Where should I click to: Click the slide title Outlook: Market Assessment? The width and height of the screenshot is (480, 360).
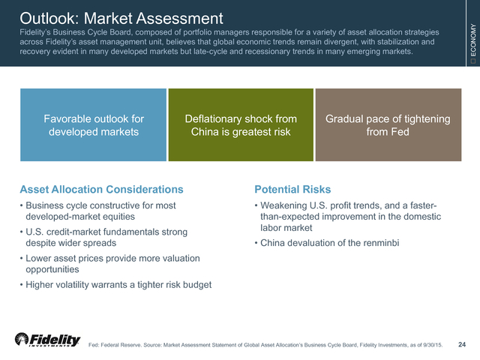click(x=121, y=18)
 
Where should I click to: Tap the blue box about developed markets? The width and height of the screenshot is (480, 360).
click(x=93, y=125)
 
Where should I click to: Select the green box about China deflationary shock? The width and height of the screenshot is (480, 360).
click(x=241, y=125)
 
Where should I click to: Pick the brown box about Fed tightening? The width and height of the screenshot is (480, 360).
click(x=388, y=125)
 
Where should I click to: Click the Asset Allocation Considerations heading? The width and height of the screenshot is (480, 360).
click(x=102, y=190)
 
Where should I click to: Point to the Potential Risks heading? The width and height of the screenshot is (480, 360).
click(x=292, y=190)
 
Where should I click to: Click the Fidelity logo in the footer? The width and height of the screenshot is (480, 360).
click(x=48, y=340)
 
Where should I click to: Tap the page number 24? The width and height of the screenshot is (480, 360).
click(x=462, y=344)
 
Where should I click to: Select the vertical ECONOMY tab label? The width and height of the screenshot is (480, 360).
click(x=473, y=40)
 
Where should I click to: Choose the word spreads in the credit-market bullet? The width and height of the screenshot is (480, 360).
click(x=101, y=243)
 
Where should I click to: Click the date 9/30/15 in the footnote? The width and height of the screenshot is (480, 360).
click(x=433, y=345)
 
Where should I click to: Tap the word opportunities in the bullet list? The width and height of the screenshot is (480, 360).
click(x=52, y=270)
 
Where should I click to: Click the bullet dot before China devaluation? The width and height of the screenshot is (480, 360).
click(x=256, y=243)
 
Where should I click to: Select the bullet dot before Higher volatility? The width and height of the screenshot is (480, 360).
click(x=22, y=285)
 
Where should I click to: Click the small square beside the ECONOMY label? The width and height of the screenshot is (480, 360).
click(x=473, y=61)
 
